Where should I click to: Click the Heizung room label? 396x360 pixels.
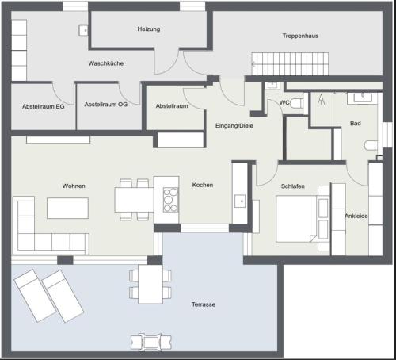(149, 29)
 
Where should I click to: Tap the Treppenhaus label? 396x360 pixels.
(300, 36)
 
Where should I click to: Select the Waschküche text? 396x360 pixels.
(106, 63)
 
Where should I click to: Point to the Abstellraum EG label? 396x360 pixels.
(44, 106)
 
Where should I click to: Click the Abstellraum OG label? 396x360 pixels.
(106, 105)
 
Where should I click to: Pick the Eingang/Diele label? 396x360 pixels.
(234, 125)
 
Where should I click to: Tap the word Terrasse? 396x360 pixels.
(204, 304)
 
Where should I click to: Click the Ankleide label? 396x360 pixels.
(356, 216)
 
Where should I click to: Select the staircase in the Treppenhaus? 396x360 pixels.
(290, 63)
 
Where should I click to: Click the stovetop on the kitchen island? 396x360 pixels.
(170, 200)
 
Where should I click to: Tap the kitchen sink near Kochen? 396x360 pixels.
(240, 201)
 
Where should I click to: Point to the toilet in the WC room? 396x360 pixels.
(297, 103)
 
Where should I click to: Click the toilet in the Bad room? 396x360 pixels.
(371, 145)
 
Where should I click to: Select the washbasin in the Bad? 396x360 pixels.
(363, 98)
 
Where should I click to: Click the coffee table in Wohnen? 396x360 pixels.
(67, 208)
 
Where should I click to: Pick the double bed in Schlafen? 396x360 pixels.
(296, 219)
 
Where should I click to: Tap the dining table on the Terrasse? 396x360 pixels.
(150, 284)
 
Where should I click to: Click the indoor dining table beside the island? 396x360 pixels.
(134, 200)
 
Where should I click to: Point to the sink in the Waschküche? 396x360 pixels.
(83, 30)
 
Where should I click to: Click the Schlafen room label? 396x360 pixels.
(293, 186)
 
